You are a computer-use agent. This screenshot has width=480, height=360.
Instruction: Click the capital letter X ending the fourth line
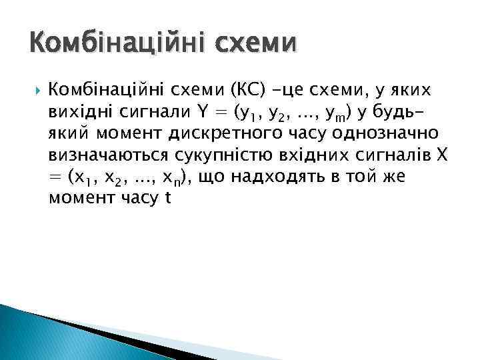tap(445, 155)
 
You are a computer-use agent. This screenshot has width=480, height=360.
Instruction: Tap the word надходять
tap(276, 177)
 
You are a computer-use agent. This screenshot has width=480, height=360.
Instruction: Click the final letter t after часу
tap(167, 199)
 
